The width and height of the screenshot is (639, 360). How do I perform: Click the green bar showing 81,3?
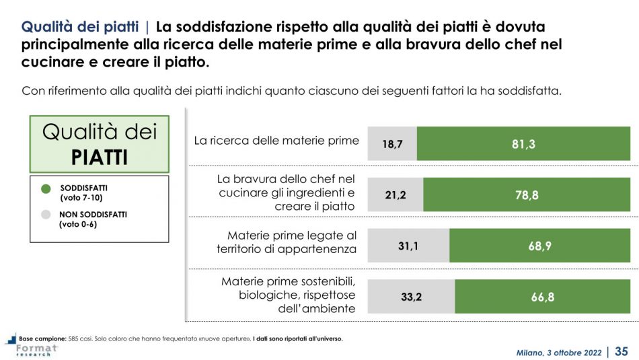click(523, 143)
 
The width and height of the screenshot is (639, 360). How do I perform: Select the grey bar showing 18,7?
click(392, 143)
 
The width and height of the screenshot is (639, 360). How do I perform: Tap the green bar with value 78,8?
click(527, 195)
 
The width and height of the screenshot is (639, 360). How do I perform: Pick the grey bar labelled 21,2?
click(396, 195)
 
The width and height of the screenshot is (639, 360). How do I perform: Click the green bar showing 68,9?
click(540, 246)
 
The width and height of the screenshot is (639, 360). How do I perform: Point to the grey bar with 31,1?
click(408, 246)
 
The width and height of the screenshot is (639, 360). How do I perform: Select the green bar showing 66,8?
click(543, 297)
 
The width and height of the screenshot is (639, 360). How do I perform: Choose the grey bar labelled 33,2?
click(411, 297)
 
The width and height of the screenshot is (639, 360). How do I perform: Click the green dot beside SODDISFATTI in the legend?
click(46, 191)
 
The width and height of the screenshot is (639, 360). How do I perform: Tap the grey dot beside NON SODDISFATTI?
click(46, 215)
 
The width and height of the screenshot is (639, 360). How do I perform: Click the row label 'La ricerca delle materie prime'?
click(276, 141)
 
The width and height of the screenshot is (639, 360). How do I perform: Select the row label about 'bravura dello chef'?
click(286, 192)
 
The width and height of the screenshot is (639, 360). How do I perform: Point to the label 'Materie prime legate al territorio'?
click(286, 242)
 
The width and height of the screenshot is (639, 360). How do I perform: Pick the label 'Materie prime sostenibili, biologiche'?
click(288, 295)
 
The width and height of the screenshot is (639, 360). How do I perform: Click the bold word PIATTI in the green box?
click(99, 157)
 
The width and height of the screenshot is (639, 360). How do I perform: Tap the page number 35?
click(622, 351)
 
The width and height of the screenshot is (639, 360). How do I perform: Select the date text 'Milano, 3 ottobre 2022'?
click(560, 352)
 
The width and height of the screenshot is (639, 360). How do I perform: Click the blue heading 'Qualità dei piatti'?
click(80, 28)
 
